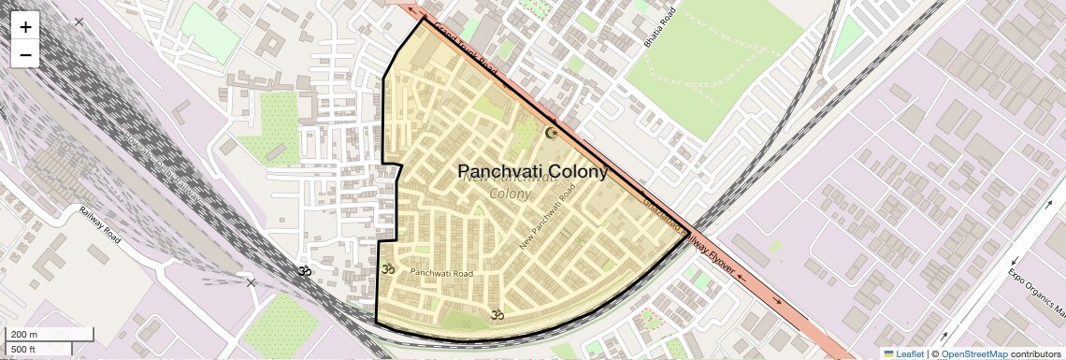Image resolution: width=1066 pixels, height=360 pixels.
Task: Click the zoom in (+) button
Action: point(25,27)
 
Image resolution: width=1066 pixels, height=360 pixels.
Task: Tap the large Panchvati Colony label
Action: point(533,172)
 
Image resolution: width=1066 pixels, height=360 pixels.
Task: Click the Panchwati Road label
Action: point(441,273)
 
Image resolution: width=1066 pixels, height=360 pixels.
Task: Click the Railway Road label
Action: point(100,224)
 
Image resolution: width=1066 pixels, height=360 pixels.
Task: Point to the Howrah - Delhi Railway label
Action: point(163,169)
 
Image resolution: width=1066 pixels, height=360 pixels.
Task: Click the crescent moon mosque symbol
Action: point(551,133)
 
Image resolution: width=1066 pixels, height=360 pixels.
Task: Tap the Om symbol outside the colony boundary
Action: point(302,271)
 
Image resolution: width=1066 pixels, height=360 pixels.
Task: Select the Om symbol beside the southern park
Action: point(497,315)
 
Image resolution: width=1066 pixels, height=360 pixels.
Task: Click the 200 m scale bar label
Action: point(24,335)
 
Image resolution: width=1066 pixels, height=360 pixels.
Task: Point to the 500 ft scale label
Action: point(24,349)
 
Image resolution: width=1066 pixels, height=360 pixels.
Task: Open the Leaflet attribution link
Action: point(903,353)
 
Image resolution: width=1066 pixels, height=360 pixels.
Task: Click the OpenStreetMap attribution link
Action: point(973,353)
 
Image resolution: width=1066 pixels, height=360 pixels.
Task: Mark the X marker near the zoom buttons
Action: point(79,21)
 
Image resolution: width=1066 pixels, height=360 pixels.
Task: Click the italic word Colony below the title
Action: point(510,194)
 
